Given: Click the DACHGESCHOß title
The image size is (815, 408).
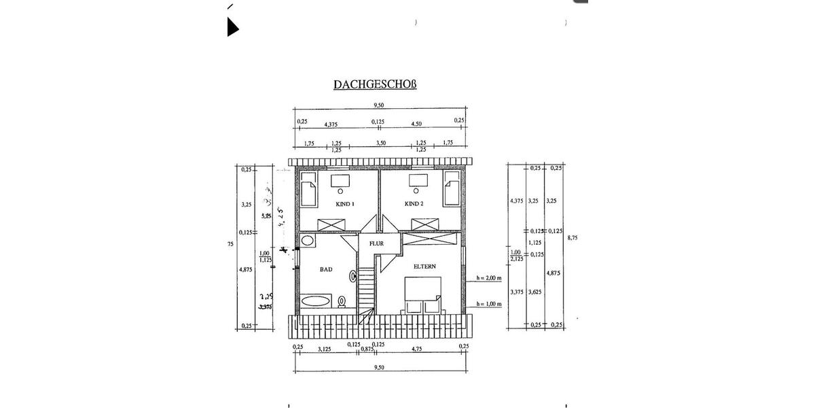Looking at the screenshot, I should pos(374,85).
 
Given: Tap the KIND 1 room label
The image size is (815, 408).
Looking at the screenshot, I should pos(345,204).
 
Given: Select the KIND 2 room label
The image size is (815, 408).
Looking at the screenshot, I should pos(414,204).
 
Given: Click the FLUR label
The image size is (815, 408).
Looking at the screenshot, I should pos(377,243).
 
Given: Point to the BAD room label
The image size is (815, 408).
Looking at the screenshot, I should pos(326,270).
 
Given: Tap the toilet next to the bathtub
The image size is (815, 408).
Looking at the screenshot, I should pos(343,302).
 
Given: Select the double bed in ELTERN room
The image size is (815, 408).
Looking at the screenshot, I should pos(421,294).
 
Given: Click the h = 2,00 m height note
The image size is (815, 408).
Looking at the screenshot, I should pos(488,277).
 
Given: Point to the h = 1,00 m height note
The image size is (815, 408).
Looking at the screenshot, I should pos(488,304).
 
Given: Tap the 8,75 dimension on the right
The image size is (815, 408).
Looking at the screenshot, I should pos(572,237).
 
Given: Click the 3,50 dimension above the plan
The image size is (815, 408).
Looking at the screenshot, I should pos(381,143).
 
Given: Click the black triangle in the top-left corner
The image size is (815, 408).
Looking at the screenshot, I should pos(232,27).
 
